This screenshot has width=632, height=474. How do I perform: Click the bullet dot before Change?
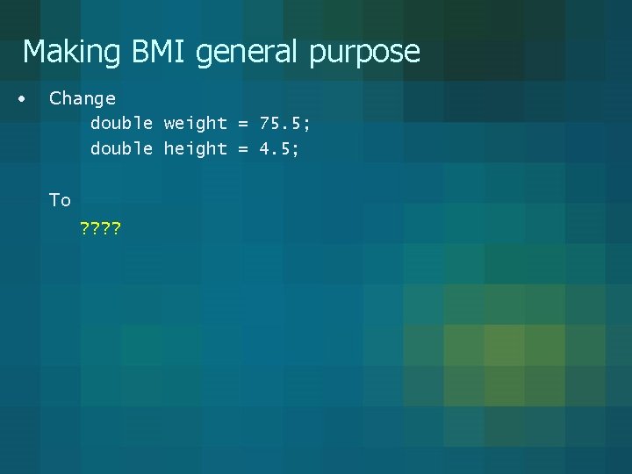[x=20, y=97]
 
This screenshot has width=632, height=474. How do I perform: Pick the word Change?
[x=82, y=98]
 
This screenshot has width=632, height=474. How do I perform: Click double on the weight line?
[x=122, y=124]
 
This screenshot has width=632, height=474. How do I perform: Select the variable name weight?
[x=195, y=125]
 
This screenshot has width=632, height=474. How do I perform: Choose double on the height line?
[x=122, y=149]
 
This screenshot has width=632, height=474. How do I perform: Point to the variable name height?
[x=195, y=149]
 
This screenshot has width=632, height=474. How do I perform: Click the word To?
[x=60, y=200]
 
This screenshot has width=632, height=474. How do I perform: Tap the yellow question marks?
[x=100, y=231]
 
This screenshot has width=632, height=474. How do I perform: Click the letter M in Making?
[x=33, y=52]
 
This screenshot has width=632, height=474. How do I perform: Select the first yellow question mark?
[x=84, y=231]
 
